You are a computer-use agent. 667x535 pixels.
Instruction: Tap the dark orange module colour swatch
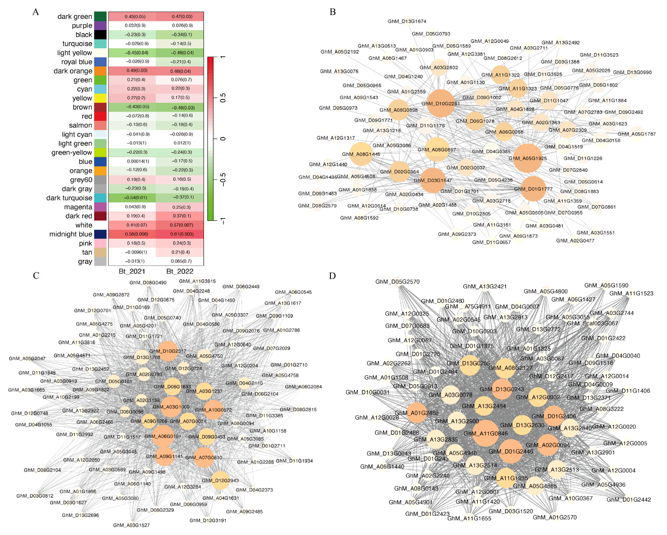click(100, 71)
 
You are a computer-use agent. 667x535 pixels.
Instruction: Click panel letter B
click(333, 12)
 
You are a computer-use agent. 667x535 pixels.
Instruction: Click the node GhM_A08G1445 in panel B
click(361, 154)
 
